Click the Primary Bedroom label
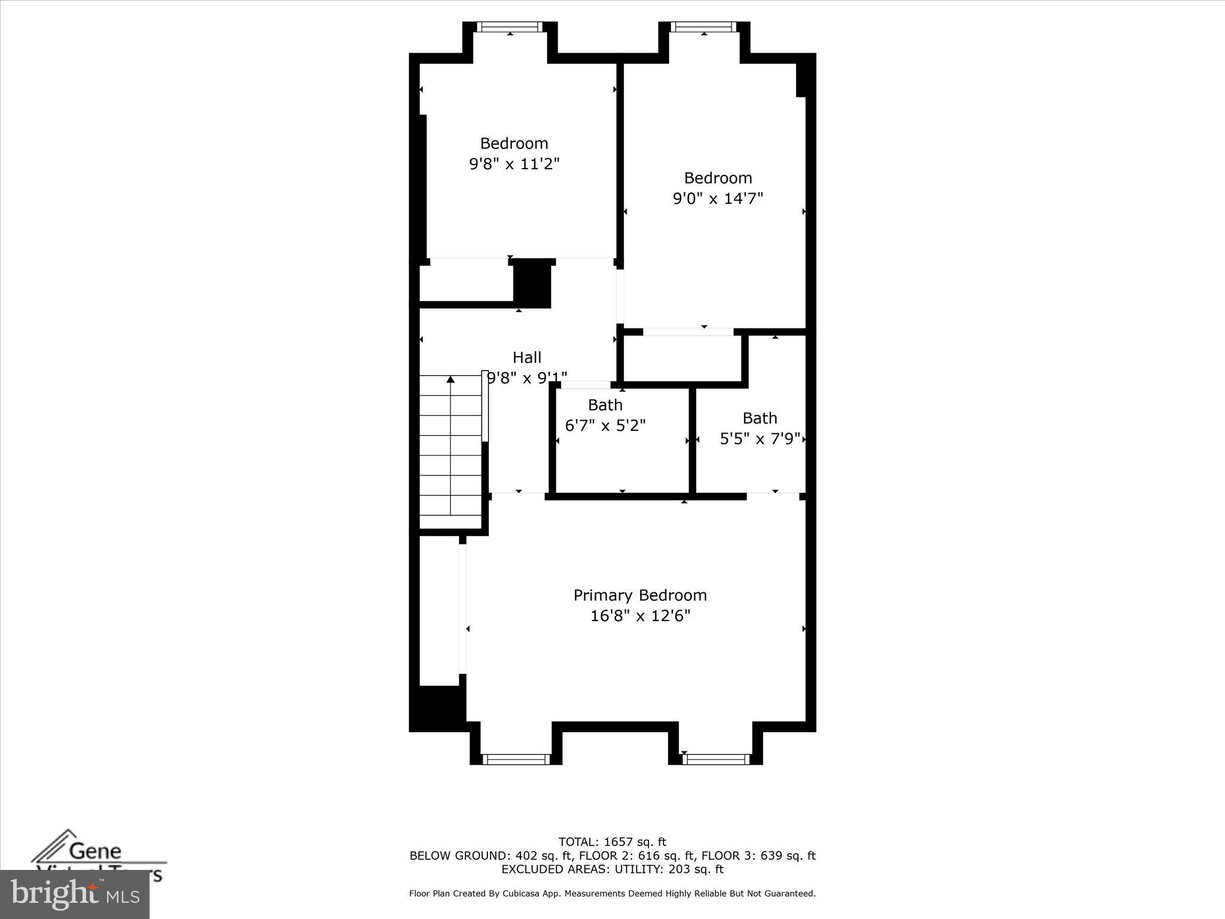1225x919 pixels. coord(640,595)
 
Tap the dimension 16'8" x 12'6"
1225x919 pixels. coord(640,616)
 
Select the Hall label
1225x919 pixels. coord(526,358)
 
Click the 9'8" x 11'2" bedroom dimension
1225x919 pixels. coord(514,164)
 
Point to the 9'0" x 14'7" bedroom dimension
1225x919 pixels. coord(718,199)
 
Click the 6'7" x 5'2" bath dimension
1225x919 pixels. coord(605,426)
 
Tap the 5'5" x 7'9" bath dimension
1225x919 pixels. coord(760,439)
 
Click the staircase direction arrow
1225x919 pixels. coord(450,379)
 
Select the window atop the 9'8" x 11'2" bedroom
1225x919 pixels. coord(510,27)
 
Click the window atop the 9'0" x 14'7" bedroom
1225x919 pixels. coord(703,27)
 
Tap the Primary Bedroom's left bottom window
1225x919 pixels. coord(516,759)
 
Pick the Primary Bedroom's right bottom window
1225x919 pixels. coord(715,759)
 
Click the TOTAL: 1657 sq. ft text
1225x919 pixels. coord(612,842)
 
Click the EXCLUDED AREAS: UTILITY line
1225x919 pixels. coord(612,869)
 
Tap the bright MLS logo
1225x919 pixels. coord(75,894)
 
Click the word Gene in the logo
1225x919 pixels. coord(95,850)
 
